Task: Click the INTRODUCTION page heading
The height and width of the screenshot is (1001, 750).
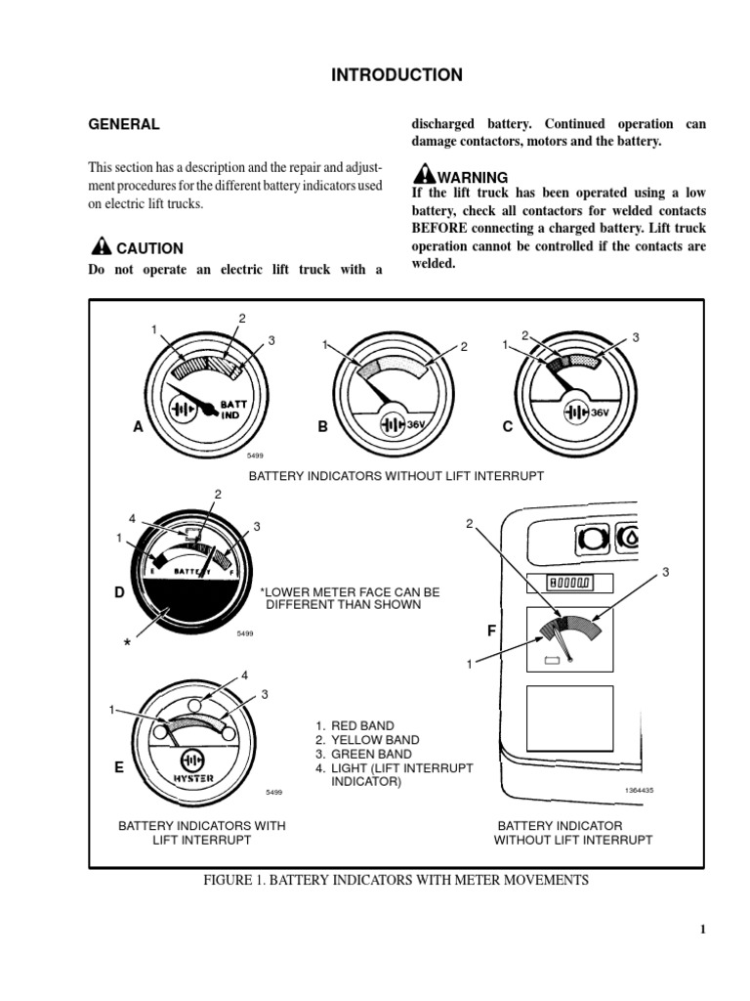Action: [396, 75]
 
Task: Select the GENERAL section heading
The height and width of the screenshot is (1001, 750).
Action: [124, 124]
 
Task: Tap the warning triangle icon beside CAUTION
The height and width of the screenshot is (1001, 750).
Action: [101, 246]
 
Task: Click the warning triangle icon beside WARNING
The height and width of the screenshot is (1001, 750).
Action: [424, 175]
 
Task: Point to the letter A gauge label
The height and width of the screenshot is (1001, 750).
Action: [138, 427]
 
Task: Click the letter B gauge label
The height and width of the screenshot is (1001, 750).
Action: [321, 427]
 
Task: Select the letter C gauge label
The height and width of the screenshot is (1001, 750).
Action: [507, 427]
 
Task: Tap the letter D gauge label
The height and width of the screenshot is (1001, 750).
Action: [118, 593]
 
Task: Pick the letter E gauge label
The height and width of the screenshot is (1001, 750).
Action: [118, 768]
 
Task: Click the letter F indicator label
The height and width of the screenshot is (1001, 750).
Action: [492, 631]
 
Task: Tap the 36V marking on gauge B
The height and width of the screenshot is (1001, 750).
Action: [417, 425]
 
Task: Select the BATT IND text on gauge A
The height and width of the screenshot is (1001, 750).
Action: [231, 409]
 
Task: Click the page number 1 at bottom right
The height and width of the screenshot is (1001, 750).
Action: [701, 930]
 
